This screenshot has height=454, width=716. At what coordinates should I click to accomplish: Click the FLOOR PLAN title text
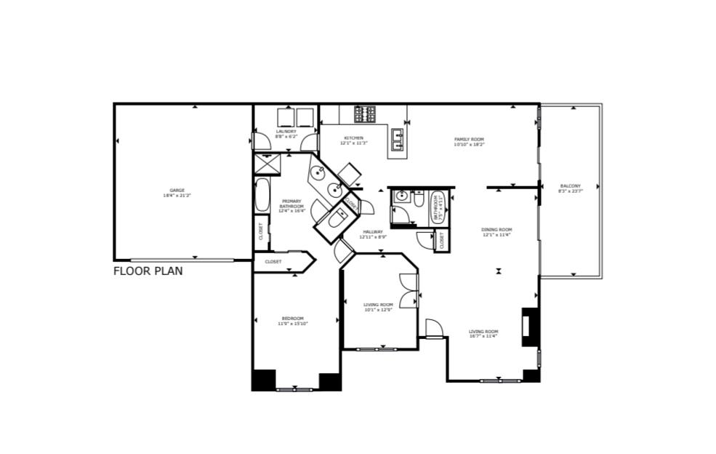(x=148, y=271)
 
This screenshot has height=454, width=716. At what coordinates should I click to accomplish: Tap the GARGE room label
(x=177, y=191)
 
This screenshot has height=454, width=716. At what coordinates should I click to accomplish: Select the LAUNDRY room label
(x=286, y=132)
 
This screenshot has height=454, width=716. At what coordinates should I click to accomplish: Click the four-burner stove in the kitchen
(x=365, y=114)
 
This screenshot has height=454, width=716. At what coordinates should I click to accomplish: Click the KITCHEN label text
(x=354, y=138)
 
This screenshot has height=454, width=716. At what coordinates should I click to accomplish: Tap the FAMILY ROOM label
(x=469, y=139)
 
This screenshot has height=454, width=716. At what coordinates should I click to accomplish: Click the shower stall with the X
(x=268, y=164)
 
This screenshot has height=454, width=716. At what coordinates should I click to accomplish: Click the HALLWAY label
(x=373, y=232)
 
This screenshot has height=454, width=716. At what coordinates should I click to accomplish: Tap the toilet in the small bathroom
(x=419, y=197)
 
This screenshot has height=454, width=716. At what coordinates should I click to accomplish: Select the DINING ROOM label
(x=496, y=230)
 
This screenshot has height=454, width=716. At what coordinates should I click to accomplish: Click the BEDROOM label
(x=293, y=318)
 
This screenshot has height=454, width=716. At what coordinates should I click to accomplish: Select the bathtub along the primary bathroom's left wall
(x=262, y=195)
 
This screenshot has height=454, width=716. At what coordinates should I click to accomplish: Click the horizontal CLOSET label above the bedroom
(x=273, y=261)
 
